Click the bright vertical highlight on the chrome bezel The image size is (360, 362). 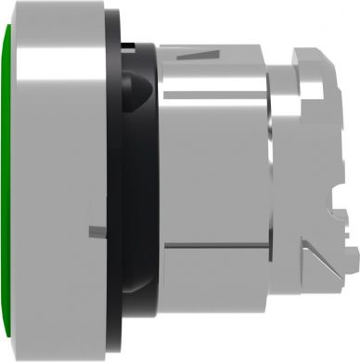26,181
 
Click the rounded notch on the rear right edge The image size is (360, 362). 349,115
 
